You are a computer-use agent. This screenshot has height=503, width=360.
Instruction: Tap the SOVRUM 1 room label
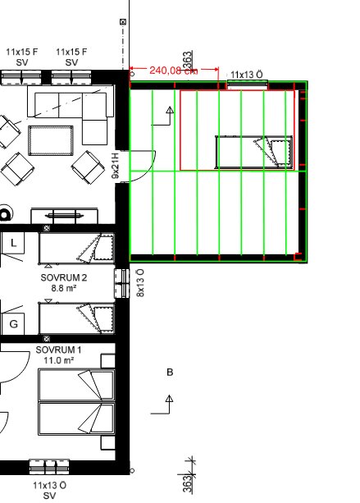tap(58, 350)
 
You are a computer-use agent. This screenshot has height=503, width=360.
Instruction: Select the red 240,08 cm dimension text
tap(173, 71)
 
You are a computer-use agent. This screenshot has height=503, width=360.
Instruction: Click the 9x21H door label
tap(116, 166)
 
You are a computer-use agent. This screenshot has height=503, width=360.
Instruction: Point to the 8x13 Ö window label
tap(140, 283)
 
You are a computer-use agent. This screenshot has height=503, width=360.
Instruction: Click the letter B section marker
tap(170, 372)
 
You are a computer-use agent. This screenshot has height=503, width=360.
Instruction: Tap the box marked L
tap(13, 243)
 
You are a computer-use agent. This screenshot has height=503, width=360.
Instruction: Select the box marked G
tap(13, 323)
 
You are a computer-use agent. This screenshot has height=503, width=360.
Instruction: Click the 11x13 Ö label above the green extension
tap(247, 75)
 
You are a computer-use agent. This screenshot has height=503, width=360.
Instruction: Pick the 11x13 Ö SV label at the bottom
tap(49, 491)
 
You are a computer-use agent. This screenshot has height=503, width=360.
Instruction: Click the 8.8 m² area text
tap(63, 288)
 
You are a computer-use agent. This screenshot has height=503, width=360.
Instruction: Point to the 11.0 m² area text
tap(59, 360)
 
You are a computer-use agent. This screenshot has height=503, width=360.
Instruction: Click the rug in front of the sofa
tap(51, 140)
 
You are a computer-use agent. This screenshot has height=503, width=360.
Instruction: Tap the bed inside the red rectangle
tap(254, 152)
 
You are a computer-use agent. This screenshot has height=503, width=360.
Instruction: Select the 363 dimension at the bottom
tap(188, 484)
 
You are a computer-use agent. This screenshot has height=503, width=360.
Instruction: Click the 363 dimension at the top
tap(188, 60)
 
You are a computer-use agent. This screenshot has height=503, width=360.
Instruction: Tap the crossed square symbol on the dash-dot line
tap(123, 22)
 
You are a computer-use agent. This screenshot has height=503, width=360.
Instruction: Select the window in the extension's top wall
tap(247, 85)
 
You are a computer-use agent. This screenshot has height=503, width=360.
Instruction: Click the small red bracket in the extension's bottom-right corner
tap(298, 257)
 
